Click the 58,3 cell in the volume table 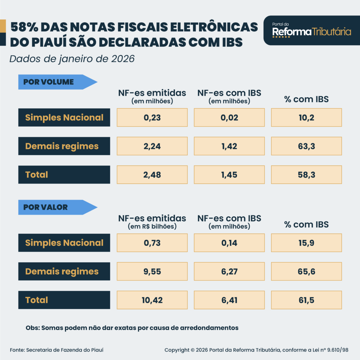tap(306, 175)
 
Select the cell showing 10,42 tap(152, 300)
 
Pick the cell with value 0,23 tap(152, 117)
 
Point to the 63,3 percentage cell tap(306, 146)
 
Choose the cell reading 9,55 tap(152, 271)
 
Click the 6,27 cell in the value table tap(229, 271)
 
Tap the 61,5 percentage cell tap(306, 300)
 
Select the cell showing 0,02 tap(229, 117)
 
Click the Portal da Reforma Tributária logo tap(311, 31)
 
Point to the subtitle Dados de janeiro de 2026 tap(72, 59)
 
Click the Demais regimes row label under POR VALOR tap(64, 271)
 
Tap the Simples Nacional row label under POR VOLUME tap(64, 117)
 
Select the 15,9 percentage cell tap(306, 243)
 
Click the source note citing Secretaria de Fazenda tap(57, 350)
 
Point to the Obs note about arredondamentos tap(132, 328)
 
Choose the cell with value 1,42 tap(229, 146)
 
